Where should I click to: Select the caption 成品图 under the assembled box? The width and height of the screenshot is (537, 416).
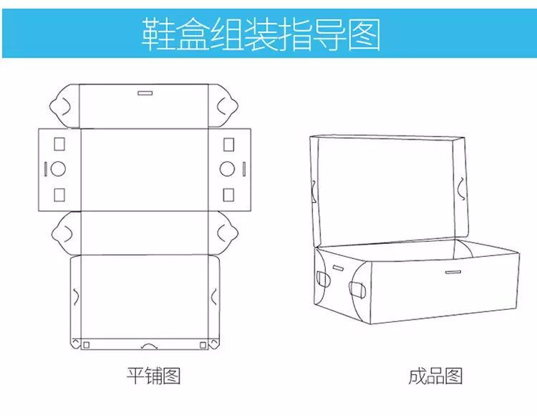point(436,376)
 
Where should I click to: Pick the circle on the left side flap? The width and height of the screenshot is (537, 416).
point(59,169)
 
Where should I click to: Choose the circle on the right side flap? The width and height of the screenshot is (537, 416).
point(228,169)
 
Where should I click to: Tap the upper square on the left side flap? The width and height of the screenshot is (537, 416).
point(59,144)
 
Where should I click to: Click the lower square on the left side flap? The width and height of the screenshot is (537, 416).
point(59,194)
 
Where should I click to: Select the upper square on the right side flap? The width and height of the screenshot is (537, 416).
point(228,144)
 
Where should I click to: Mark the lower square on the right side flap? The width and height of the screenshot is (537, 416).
point(228,194)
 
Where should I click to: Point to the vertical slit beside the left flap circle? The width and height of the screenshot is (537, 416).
point(45,169)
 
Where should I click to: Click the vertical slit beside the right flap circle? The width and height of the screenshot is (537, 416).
point(242,169)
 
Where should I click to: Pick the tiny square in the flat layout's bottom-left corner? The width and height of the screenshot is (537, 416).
point(86,345)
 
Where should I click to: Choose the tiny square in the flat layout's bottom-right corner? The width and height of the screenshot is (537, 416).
point(203,345)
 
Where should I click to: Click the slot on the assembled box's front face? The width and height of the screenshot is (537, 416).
point(453,272)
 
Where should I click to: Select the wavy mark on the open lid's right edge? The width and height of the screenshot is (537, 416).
point(462,188)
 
